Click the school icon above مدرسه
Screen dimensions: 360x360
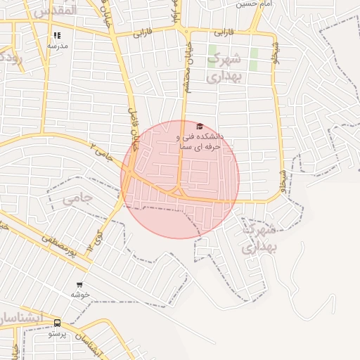click(x=57, y=35)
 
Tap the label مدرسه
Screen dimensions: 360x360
click(x=57, y=45)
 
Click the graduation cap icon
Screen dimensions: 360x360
click(x=200, y=127)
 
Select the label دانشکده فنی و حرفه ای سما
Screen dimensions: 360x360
click(x=200, y=141)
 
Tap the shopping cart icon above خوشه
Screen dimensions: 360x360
click(x=79, y=285)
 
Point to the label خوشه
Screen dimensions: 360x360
click(x=79, y=295)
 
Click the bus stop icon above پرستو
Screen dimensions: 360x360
click(x=57, y=322)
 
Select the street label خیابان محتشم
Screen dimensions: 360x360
click(x=187, y=77)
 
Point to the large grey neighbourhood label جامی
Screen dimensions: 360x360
click(x=77, y=199)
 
